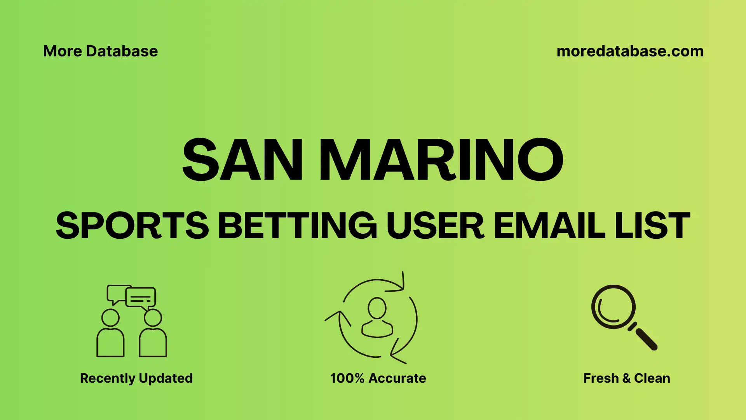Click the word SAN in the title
(x=242, y=160)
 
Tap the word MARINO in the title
(x=441, y=160)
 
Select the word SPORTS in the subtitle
(x=132, y=226)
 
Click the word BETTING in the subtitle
(x=297, y=226)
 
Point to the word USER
(x=435, y=226)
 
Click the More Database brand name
(x=101, y=51)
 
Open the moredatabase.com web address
(x=630, y=51)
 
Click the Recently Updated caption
(x=136, y=378)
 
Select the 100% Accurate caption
(x=378, y=378)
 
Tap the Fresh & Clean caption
(x=627, y=378)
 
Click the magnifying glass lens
(x=613, y=307)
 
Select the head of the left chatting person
(x=110, y=318)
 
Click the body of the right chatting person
(x=153, y=343)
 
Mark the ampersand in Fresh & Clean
(x=626, y=378)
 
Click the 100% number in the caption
(x=347, y=378)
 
